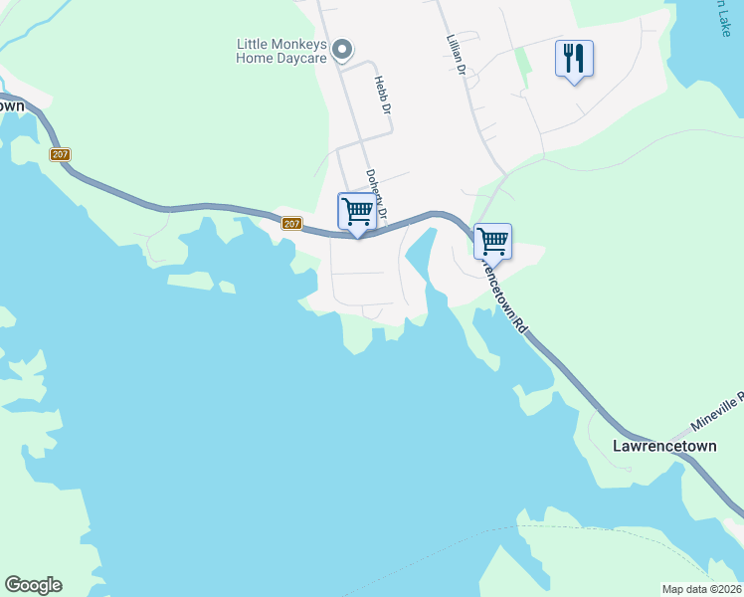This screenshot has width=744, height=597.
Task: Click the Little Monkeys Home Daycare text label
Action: coord(280,50)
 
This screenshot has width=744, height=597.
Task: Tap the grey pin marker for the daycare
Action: coord(342,49)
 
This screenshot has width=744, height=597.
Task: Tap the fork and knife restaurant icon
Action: coord(574,59)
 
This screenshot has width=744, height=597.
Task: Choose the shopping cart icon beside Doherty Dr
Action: coord(356,211)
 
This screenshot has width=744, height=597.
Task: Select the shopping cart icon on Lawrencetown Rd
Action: coord(492,241)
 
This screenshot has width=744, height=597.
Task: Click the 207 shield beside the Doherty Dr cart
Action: coord(291,224)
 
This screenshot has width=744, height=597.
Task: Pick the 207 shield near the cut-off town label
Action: coord(61,154)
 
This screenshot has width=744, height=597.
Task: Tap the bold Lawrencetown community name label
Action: coord(664,445)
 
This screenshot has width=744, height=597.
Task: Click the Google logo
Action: coord(33,585)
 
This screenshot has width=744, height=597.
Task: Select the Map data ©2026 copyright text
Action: coord(701,589)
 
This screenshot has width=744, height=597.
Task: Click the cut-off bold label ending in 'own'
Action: coord(12,105)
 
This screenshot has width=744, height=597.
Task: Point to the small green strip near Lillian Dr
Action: coord(522,62)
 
